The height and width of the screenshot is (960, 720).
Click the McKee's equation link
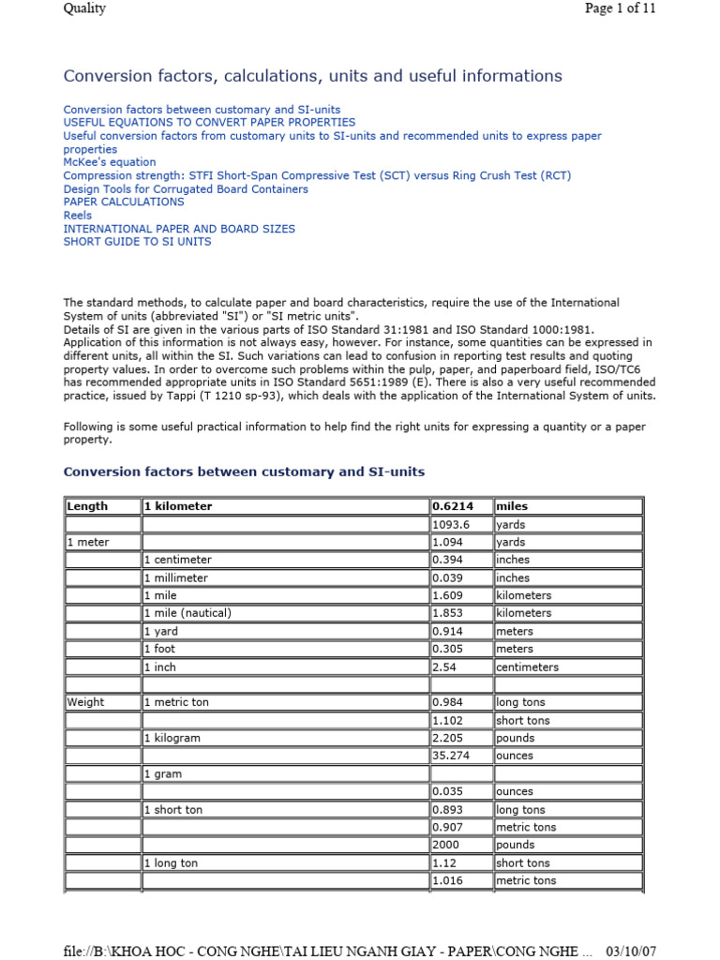pos(110,162)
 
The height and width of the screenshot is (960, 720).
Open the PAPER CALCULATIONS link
pos(124,202)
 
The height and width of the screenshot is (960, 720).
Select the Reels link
pos(78,215)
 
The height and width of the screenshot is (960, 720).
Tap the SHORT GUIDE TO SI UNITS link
pos(137,241)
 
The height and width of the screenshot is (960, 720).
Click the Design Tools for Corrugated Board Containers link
pos(186,188)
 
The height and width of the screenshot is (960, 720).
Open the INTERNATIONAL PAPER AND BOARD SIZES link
pos(179,228)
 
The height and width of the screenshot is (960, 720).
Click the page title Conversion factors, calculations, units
pos(312,76)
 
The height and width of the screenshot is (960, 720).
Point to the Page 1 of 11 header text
pos(620,8)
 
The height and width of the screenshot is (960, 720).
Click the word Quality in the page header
pos(84,8)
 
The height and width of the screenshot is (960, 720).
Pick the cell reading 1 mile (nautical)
pos(187,613)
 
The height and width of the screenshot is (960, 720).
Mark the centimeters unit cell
pos(527,667)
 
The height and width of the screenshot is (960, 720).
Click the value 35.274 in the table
pos(450,756)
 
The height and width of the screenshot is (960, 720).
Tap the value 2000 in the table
pos(445,845)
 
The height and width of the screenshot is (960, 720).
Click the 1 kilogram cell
pos(172,738)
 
